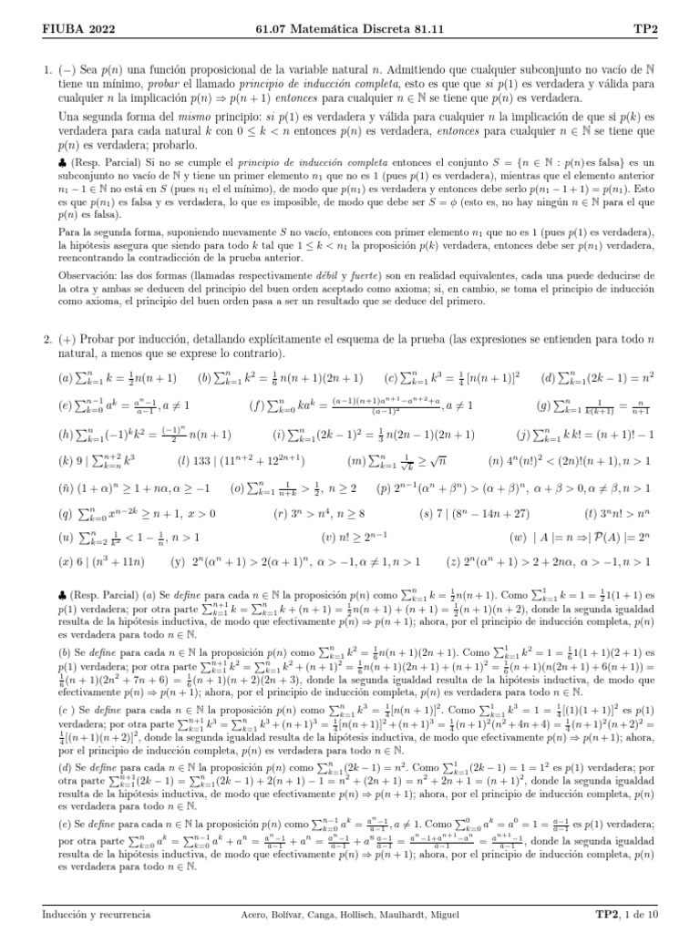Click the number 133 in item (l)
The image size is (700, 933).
[211, 436]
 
